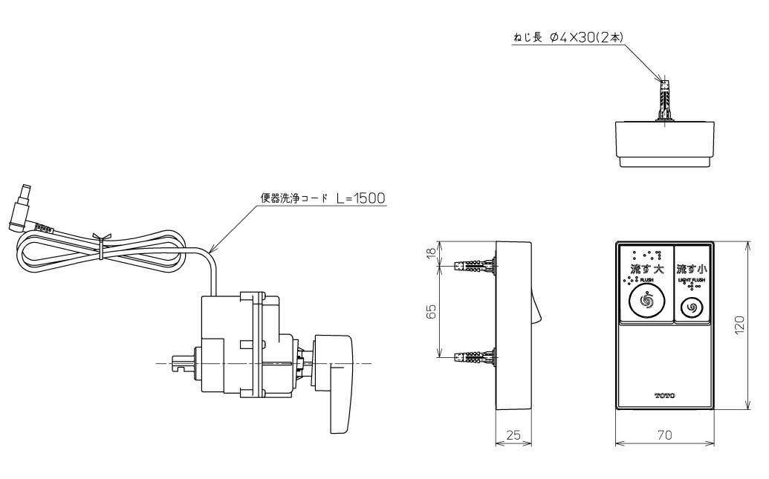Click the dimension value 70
(x=664, y=435)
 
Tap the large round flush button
(x=644, y=302)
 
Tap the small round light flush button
(x=692, y=306)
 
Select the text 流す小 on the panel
(x=692, y=268)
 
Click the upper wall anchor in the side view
(x=474, y=265)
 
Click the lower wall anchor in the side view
(x=474, y=357)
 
